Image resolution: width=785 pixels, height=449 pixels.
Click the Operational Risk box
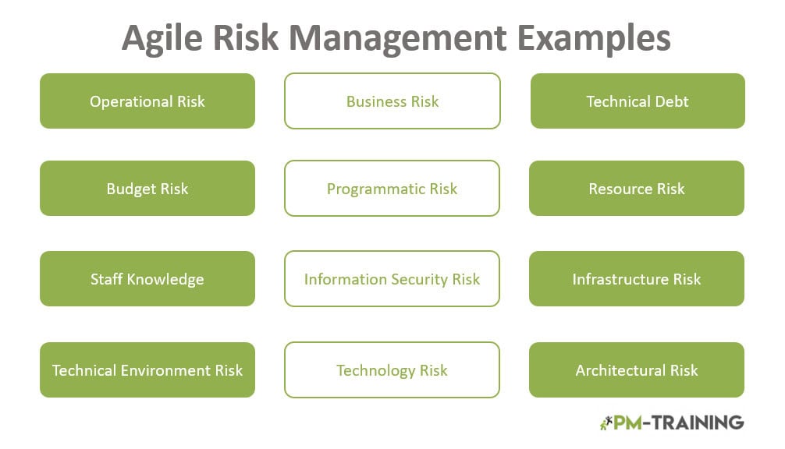[147, 101]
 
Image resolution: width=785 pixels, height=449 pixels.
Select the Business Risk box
[392, 101]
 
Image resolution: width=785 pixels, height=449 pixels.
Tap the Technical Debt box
[638, 101]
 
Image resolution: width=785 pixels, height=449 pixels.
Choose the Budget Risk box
[147, 189]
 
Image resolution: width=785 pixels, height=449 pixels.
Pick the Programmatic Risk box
[392, 189]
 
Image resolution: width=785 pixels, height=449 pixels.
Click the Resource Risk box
[637, 189]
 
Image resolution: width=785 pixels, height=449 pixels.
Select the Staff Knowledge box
[147, 279]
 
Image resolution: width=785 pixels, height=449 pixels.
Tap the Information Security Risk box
[392, 279]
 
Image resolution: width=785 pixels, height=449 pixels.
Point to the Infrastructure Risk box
[637, 279]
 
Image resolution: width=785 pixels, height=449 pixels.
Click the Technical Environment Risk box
[147, 370]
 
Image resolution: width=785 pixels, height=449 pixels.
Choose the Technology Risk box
[392, 370]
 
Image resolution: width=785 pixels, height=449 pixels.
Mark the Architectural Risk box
[637, 370]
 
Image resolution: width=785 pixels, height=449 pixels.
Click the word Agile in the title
[162, 39]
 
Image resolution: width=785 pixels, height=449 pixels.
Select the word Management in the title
[398, 38]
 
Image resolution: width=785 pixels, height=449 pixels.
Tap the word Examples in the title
[594, 38]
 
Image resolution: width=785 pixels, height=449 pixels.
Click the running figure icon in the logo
[606, 423]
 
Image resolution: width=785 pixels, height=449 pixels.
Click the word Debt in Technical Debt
[672, 101]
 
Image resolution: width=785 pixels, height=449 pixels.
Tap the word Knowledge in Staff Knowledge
[165, 280]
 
